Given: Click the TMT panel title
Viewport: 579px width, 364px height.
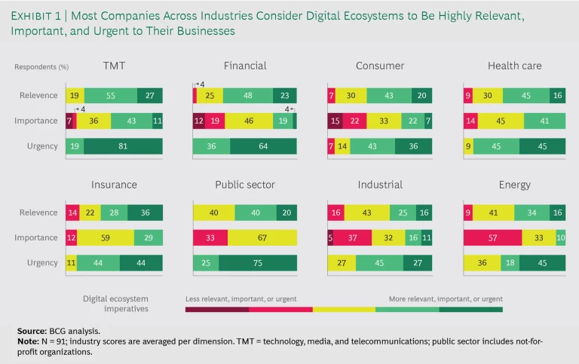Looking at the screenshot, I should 114,66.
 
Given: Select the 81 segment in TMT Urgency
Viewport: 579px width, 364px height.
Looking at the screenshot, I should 124,146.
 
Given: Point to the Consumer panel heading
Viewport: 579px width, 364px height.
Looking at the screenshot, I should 380,66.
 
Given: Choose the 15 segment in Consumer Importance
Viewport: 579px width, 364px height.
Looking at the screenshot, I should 337,121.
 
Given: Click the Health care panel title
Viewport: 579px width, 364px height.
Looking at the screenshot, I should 514,66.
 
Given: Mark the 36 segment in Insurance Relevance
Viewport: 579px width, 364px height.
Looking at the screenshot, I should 146,213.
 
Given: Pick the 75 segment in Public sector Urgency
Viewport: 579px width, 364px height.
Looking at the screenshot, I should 257,263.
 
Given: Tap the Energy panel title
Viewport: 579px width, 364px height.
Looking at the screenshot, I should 514,185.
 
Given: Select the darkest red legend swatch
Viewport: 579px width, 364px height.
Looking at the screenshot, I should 217,308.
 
